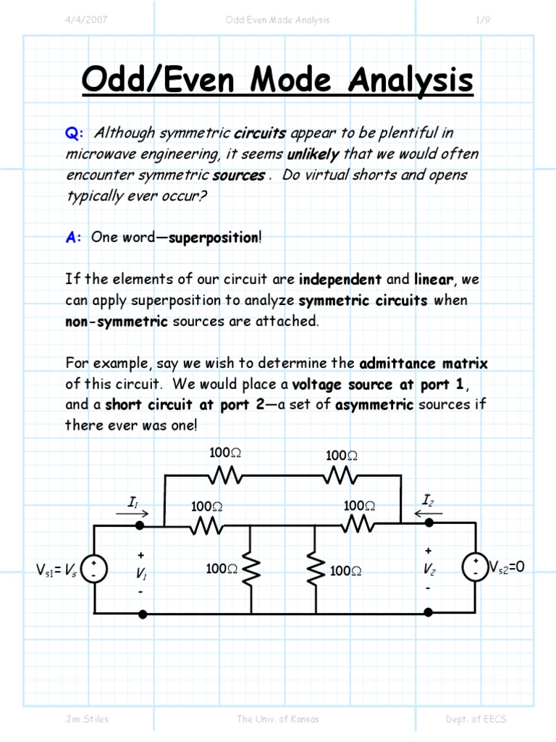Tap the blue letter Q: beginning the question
pyautogui.click(x=75, y=133)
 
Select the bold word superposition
pyautogui.click(x=213, y=238)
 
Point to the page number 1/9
pyautogui.click(x=483, y=20)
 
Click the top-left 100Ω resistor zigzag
pyautogui.click(x=224, y=475)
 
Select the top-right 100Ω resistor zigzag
pyautogui.click(x=340, y=475)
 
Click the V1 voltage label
pyautogui.click(x=142, y=573)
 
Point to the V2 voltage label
pyautogui.click(x=429, y=570)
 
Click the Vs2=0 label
pyautogui.click(x=507, y=567)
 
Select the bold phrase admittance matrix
pyautogui.click(x=424, y=362)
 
